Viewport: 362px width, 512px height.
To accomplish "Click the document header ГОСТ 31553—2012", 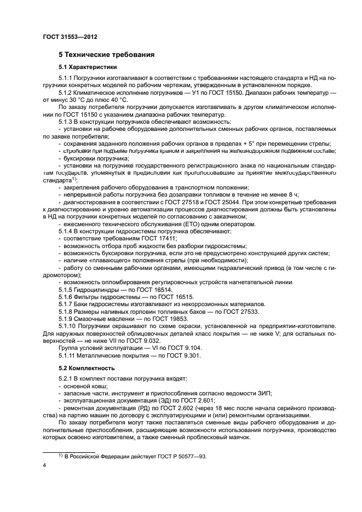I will click(66, 37).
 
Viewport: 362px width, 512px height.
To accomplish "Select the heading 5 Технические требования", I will click(106, 55).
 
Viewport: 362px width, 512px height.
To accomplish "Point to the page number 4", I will click(44, 465).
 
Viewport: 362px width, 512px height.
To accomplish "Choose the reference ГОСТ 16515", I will click(159, 297).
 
